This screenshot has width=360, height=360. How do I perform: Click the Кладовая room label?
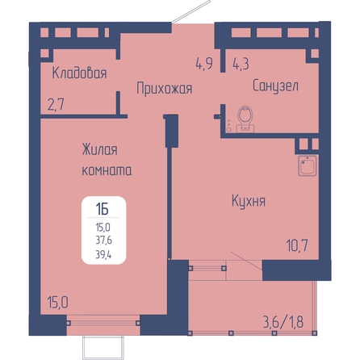tap(79, 73)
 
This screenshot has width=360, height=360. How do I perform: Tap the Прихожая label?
tap(165, 89)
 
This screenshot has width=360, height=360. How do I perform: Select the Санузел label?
tap(275, 86)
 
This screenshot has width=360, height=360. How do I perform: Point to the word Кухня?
tap(249, 201)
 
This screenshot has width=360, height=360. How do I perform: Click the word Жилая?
tap(99, 149)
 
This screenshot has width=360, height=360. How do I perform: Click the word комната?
tap(107, 170)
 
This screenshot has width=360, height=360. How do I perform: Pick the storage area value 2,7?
tap(56, 105)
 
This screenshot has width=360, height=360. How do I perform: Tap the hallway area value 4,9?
tap(204, 64)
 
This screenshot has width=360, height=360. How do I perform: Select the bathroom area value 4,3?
tap(241, 64)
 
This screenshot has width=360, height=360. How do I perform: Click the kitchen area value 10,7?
tap(297, 245)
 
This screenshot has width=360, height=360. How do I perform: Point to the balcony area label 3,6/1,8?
tap(283, 322)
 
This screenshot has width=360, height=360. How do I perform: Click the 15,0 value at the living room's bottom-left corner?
tap(57, 302)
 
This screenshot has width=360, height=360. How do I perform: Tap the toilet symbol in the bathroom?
tap(245, 119)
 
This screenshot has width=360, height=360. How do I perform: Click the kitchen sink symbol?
tap(308, 165)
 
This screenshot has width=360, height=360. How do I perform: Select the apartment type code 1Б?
tap(102, 209)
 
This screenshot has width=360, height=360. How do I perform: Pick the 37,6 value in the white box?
tap(104, 240)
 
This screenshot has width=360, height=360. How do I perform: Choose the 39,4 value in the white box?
tap(103, 253)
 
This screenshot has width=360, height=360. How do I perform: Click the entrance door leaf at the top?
tap(190, 11)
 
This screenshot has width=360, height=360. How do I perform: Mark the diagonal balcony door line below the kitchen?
tap(246, 261)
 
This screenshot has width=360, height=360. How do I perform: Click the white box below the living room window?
tap(104, 346)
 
